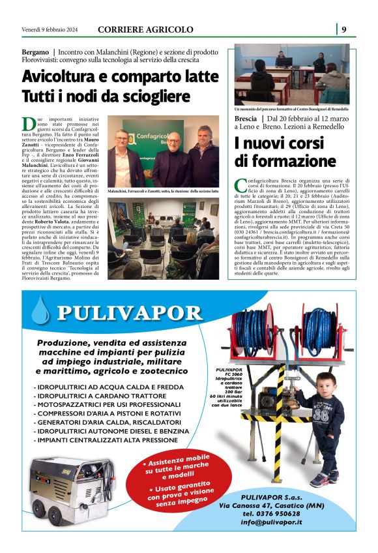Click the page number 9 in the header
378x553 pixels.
343,29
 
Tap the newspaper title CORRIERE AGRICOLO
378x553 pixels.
145,29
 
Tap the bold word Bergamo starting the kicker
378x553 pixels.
35,51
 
